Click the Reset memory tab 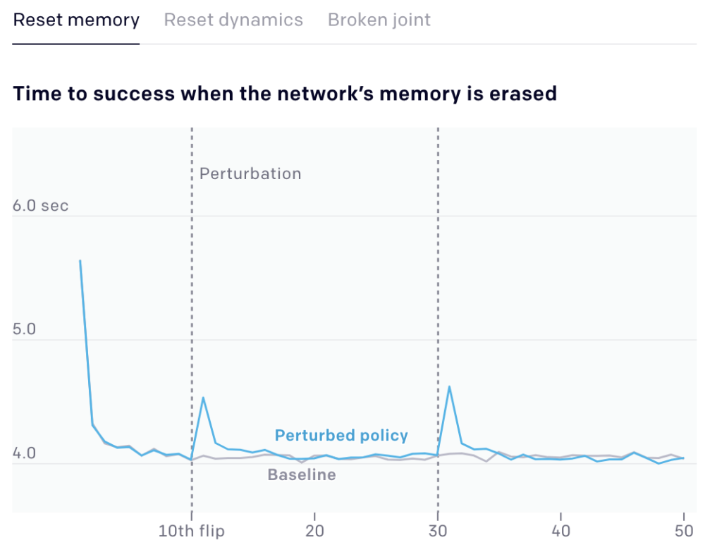click(76, 20)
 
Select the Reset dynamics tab click(233, 20)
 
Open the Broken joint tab click(379, 20)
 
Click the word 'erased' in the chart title click(522, 93)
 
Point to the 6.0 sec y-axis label click(41, 206)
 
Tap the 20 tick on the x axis click(314, 531)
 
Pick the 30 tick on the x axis click(438, 531)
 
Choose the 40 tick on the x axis click(561, 531)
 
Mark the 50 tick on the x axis click(684, 531)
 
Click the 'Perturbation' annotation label click(250, 173)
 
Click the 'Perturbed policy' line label click(341, 435)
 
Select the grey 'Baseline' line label click(302, 474)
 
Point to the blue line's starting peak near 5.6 click(80, 261)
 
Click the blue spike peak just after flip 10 click(204, 398)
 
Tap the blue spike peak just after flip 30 click(450, 386)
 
